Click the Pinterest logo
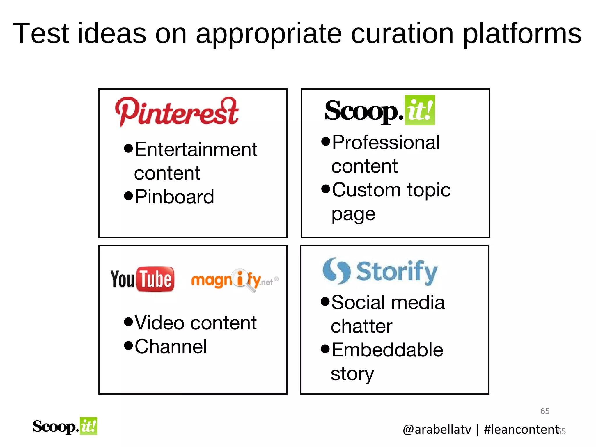177,112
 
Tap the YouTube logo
142,279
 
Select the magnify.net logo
235,280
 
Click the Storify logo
380,272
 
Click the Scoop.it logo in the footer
65,426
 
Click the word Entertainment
196,150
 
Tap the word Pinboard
174,197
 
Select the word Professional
386,143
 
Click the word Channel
171,347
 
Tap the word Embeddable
387,350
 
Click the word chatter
361,326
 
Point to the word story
352,374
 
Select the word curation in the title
402,34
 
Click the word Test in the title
41,34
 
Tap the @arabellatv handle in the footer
437,430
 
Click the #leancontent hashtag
521,430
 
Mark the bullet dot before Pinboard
128,196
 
